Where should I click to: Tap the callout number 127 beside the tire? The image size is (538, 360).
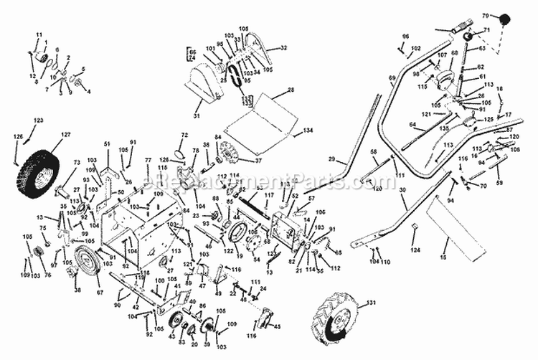[x=65, y=134]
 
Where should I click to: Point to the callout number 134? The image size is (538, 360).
[x=308, y=131]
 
